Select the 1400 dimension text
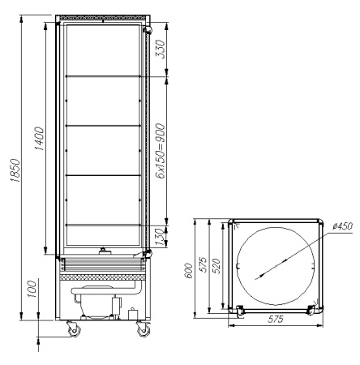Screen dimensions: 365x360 coord(41,144)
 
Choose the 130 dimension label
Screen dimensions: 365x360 coord(161,236)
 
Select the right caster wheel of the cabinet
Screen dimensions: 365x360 coord(143,331)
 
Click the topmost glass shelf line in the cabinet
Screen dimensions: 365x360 coord(102,78)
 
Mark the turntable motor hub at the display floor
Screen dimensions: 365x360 coord(102,251)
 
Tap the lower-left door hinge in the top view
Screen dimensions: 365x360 coord(239,310)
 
